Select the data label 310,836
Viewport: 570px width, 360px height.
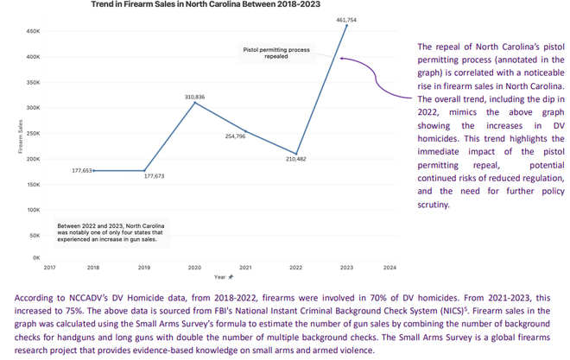pyautogui.click(x=194, y=97)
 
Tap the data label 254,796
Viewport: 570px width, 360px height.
pyautogui.click(x=235, y=136)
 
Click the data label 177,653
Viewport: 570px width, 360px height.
pyautogui.click(x=82, y=171)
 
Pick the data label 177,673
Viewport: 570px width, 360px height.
pyautogui.click(x=153, y=176)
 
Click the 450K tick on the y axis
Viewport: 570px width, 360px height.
pyautogui.click(x=34, y=32)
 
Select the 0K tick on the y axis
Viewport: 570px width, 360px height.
pyautogui.click(x=36, y=257)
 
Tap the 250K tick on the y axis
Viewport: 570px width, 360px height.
pyautogui.click(x=34, y=134)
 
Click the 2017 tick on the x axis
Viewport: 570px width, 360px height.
pyautogui.click(x=49, y=268)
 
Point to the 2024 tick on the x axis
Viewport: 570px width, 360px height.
pyautogui.click(x=389, y=268)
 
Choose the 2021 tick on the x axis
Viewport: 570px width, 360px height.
pyautogui.click(x=245, y=268)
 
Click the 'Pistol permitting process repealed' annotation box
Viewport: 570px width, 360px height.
pyautogui.click(x=275, y=54)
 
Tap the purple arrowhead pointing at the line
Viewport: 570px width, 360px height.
pyautogui.click(x=343, y=59)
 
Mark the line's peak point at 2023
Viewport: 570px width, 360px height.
pyautogui.click(x=346, y=26)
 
